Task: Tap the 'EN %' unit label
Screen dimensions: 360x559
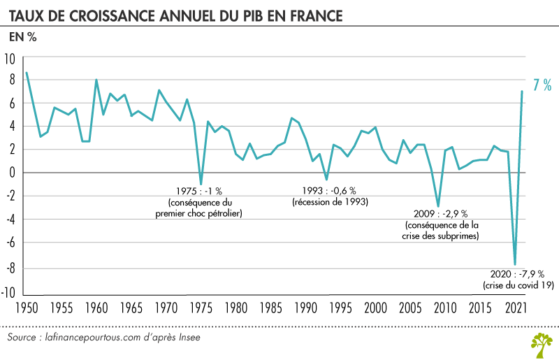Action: [22, 38]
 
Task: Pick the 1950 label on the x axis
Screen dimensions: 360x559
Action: [26, 308]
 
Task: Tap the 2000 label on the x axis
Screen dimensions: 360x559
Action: [375, 308]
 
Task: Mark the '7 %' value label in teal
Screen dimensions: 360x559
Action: [542, 85]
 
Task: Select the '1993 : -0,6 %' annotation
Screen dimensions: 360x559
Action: [329, 191]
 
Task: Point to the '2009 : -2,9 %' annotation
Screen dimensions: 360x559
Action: [441, 213]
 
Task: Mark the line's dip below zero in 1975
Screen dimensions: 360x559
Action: [201, 184]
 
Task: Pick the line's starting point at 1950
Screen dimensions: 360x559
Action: [27, 73]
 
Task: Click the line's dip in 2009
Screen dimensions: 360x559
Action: [438, 207]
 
